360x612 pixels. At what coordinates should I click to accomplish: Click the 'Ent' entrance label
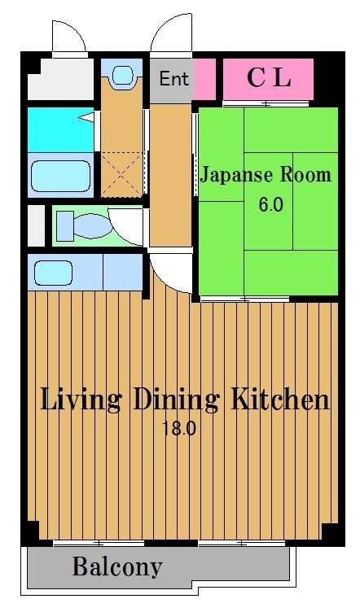pos(173,79)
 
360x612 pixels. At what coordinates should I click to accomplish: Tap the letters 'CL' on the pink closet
pos(268,78)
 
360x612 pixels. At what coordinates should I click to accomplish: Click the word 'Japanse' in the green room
pos(237,174)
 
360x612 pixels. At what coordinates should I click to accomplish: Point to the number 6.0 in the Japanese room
pos(270,203)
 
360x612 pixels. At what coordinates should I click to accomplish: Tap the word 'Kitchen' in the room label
pos(279,400)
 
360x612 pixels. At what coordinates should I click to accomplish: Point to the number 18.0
pos(181,429)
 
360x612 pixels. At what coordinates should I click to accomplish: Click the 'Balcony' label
pos(117,566)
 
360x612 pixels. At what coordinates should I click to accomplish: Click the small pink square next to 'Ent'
pos(205,79)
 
